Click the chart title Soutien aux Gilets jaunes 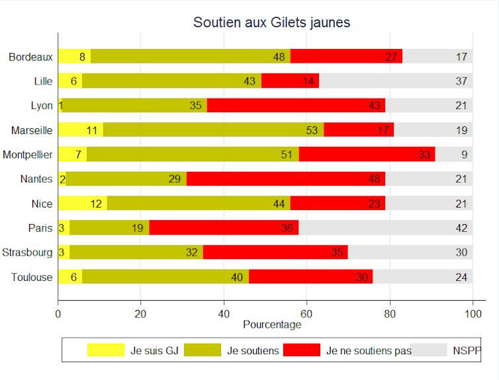pyautogui.click(x=271, y=22)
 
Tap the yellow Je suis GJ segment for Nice pyautogui.click(x=82, y=204)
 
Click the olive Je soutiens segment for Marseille pyautogui.click(x=213, y=130)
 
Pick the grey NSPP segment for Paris pyautogui.click(x=387, y=228)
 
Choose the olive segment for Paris pyautogui.click(x=109, y=228)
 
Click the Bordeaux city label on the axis pyautogui.click(x=30, y=57)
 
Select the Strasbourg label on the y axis pyautogui.click(x=27, y=252)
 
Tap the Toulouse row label pyautogui.click(x=31, y=277)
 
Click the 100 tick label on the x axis pyautogui.click(x=473, y=314)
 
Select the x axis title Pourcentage pyautogui.click(x=272, y=324)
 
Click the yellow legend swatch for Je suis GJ pyautogui.click(x=106, y=350)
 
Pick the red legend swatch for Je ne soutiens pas pyautogui.click(x=301, y=350)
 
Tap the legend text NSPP pyautogui.click(x=467, y=350)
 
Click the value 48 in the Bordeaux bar pyautogui.click(x=279, y=57)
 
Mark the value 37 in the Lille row pyautogui.click(x=462, y=81)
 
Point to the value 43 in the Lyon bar pyautogui.click(x=375, y=106)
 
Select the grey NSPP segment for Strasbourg pyautogui.click(x=410, y=252)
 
